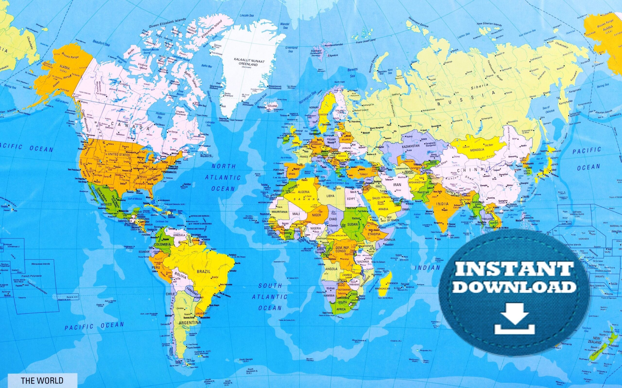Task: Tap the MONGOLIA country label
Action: point(477,149)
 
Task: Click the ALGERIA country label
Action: point(303,192)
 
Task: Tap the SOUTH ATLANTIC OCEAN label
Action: point(270,297)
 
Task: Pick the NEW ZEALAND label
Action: point(595,340)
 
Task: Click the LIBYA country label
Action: point(330,196)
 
